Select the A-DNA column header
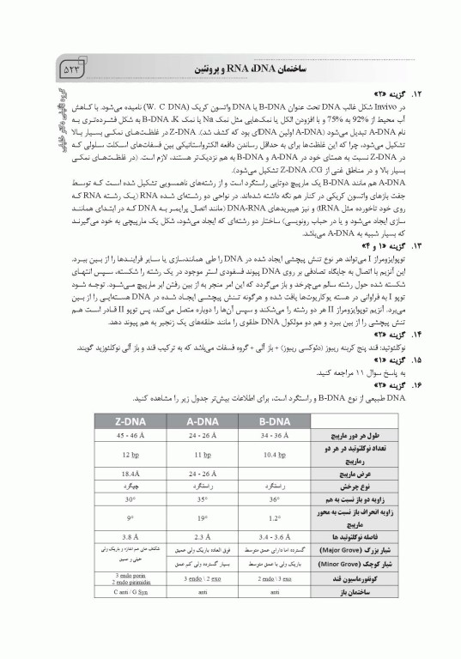click(x=199, y=420)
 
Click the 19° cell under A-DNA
click(x=199, y=517)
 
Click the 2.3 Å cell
click(x=199, y=536)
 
